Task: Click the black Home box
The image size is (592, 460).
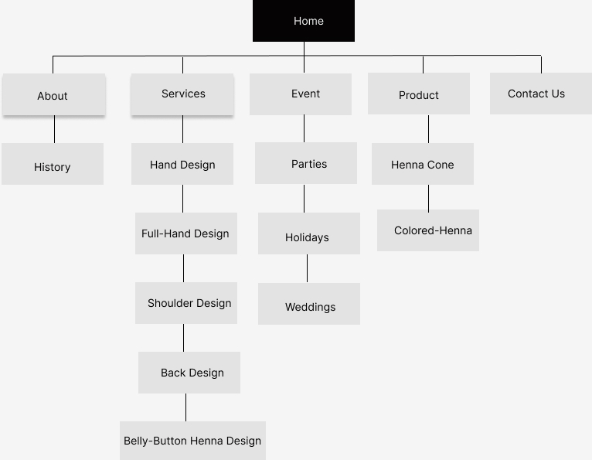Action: [x=304, y=21]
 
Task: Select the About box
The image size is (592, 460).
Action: [x=54, y=94]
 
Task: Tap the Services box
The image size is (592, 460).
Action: [x=182, y=94]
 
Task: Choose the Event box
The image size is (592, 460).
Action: [x=301, y=94]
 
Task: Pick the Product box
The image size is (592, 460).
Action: [x=419, y=94]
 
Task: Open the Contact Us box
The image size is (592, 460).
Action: [x=541, y=94]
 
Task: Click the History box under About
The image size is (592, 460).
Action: [x=53, y=164]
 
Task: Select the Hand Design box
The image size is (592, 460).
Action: [x=182, y=164]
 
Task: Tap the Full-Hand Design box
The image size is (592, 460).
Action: [x=186, y=233]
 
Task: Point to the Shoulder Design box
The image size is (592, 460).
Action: [x=186, y=303]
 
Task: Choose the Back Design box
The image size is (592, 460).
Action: [x=189, y=373]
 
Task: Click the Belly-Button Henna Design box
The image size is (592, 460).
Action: [x=193, y=441]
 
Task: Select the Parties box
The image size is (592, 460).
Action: [x=306, y=163]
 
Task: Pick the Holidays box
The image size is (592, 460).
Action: [x=309, y=233]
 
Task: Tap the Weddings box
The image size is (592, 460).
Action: [x=309, y=304]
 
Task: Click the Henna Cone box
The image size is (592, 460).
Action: [x=423, y=164]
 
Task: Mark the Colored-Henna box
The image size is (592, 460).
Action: [x=428, y=230]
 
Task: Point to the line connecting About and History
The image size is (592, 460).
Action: [x=54, y=129]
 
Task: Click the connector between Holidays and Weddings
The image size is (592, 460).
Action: [x=307, y=268]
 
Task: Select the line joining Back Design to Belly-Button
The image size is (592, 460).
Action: [x=185, y=407]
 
